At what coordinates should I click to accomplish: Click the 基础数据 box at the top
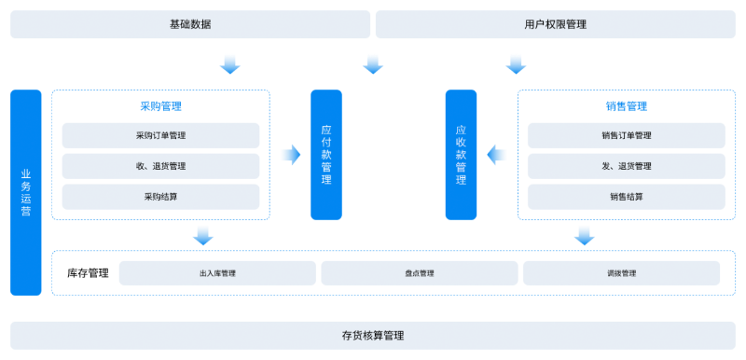(190, 24)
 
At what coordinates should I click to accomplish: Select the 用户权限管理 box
(556, 24)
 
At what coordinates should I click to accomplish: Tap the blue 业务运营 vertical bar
(26, 192)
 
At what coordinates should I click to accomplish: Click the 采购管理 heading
(160, 106)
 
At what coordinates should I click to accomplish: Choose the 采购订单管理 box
(160, 135)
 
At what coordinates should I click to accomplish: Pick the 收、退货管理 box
(160, 166)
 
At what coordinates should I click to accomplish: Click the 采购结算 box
(160, 197)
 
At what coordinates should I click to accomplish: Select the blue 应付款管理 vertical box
(326, 155)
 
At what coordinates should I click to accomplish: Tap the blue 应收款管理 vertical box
(461, 155)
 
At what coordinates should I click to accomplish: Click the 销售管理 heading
(627, 106)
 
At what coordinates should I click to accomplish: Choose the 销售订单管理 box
(627, 135)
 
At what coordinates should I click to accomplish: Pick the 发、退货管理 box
(627, 166)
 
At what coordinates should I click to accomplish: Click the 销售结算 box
(627, 197)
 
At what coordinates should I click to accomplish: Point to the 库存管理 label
(88, 273)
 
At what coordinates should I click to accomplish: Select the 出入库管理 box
(217, 273)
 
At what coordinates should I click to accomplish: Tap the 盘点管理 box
(420, 273)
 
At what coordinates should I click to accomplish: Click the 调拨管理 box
(621, 273)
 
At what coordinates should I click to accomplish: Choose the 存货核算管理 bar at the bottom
(373, 335)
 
